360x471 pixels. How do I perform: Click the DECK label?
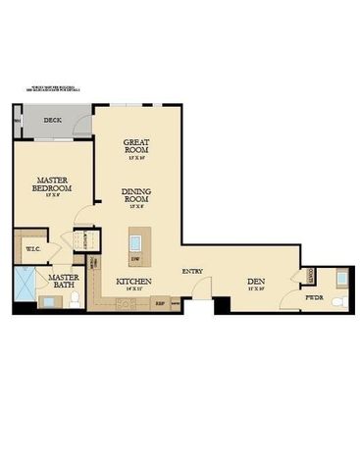click(52, 121)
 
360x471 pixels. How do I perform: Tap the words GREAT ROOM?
click(135, 148)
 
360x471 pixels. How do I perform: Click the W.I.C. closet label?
click(30, 249)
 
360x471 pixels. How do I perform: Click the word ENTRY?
click(192, 270)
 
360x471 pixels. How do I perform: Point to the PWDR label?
click(314, 296)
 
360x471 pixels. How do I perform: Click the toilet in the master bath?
click(75, 301)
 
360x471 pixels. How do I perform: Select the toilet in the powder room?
click(338, 300)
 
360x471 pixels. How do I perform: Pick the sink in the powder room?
click(339, 279)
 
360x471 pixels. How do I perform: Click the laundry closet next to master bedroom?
click(85, 239)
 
